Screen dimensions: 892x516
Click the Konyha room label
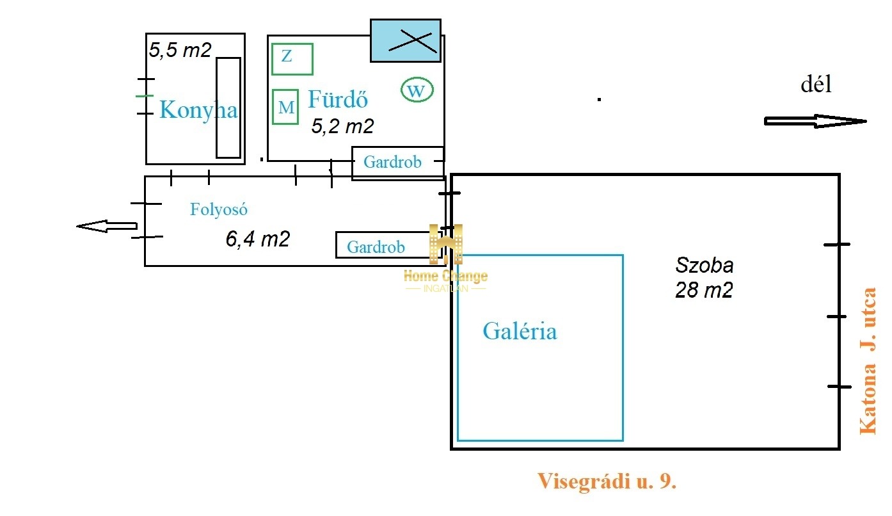[198, 109]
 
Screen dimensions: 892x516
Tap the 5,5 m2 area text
[180, 50]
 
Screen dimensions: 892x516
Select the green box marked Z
[292, 59]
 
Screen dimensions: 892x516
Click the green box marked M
[285, 107]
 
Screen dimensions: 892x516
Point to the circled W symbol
[417, 90]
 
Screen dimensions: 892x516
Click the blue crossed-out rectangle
[406, 40]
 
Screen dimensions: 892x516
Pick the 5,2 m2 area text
[342, 126]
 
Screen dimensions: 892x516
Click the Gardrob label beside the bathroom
[392, 162]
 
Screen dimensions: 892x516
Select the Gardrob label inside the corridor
[376, 247]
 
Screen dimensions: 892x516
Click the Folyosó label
[219, 209]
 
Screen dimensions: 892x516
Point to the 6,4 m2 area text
[258, 239]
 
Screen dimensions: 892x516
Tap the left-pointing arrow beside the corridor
[107, 226]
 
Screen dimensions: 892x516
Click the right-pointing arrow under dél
[815, 121]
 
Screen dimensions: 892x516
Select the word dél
[816, 85]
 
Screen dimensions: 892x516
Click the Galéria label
[520, 331]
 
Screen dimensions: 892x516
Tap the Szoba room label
[704, 266]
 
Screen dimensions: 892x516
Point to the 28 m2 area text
[704, 289]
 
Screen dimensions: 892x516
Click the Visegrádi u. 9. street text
[607, 481]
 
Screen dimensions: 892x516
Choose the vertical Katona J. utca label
[868, 360]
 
